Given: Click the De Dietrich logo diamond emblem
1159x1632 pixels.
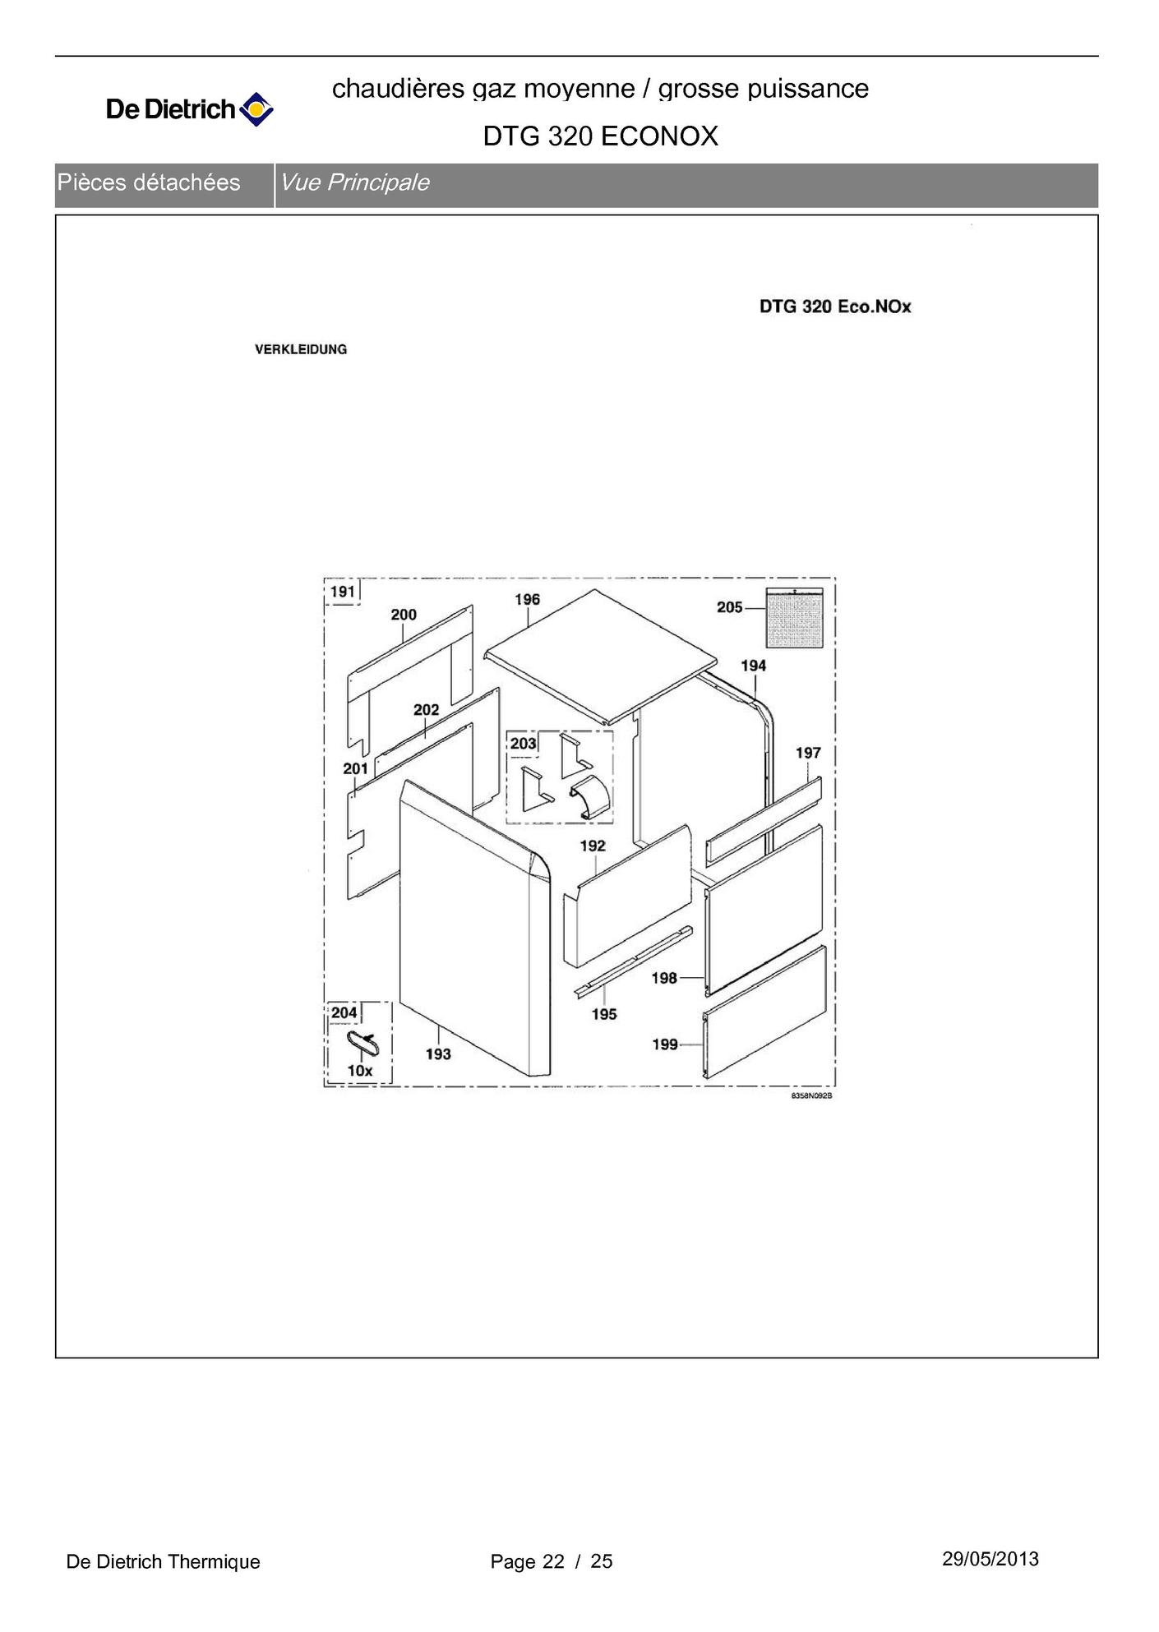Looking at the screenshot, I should coord(256,109).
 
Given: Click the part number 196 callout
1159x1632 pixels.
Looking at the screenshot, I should coord(527,600).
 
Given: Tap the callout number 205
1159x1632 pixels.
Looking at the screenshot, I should coord(729,607).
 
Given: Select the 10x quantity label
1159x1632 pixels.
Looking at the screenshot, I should coord(360,1071).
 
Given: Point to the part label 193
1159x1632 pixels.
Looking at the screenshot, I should coord(438,1053).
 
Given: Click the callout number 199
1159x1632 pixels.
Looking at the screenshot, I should coord(664,1044).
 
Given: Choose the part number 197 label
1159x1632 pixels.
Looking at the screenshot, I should coord(808,753).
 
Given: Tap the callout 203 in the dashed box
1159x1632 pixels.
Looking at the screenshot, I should coord(523,744).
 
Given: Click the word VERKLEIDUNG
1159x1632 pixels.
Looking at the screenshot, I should coord(301,349).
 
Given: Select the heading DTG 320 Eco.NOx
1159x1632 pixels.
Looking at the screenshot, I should coord(835,307).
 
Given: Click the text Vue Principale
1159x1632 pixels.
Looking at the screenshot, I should coord(355,182).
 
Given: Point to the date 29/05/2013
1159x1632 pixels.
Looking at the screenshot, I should coord(990,1559).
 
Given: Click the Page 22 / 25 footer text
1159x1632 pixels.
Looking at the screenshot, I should coord(552,1561).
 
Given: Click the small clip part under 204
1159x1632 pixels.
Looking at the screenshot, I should coord(362,1043).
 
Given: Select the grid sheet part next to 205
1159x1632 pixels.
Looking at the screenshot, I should coord(794,618).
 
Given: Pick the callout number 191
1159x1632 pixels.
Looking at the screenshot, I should coord(342,592).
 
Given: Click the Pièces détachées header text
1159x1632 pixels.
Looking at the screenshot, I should coord(149,182).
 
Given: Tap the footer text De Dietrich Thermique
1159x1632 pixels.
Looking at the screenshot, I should coord(163,1561).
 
